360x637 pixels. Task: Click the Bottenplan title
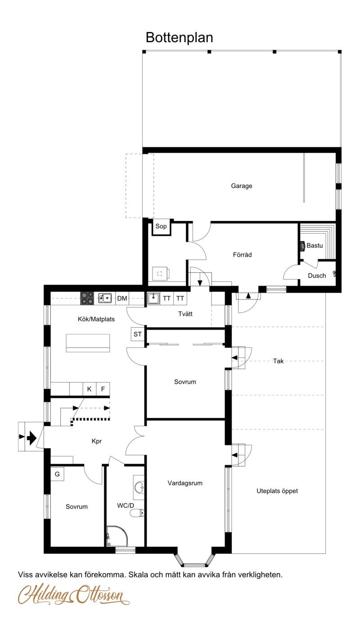click(x=179, y=37)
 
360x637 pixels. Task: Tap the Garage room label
click(x=241, y=186)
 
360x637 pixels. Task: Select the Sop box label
click(x=161, y=226)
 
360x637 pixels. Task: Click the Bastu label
click(x=315, y=245)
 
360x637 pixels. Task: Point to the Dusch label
click(x=317, y=276)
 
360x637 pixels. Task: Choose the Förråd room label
click(x=242, y=254)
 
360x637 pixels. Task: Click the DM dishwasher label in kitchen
click(x=122, y=298)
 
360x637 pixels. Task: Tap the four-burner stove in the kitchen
click(x=87, y=298)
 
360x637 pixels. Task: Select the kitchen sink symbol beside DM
click(x=105, y=298)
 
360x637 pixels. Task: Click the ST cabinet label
click(x=137, y=334)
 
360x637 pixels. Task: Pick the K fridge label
click(x=89, y=389)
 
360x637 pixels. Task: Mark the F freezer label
click(x=103, y=389)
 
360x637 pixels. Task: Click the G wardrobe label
click(x=57, y=474)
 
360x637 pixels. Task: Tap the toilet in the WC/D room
click(x=137, y=513)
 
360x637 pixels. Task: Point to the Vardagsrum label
click(x=185, y=483)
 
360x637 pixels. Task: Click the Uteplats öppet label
click(x=277, y=491)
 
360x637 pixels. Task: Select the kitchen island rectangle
click(x=88, y=343)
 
